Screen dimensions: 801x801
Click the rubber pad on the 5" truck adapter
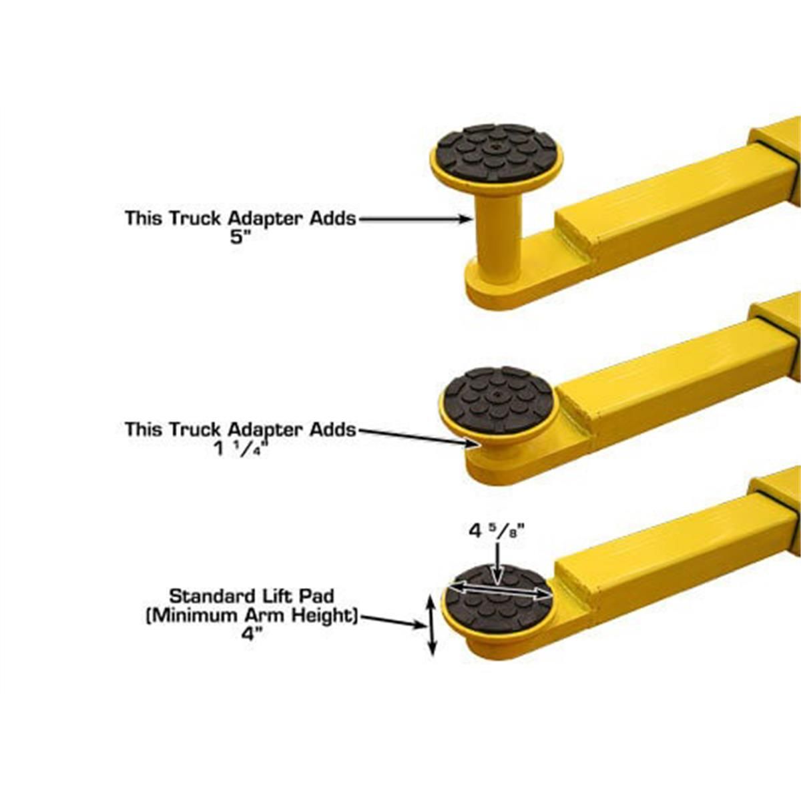coord(497,153)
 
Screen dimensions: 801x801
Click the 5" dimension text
coord(239,237)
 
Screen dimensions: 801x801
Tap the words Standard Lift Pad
coord(251,595)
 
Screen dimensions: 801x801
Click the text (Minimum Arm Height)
coord(252,614)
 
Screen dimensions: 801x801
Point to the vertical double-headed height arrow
coord(431,625)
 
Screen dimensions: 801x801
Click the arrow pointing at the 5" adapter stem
coord(414,218)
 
